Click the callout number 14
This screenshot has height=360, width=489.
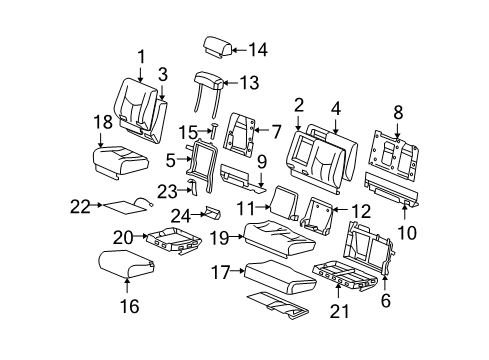(x=259, y=48)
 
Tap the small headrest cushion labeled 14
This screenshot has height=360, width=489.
(x=217, y=45)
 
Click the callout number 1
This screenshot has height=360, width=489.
(x=141, y=56)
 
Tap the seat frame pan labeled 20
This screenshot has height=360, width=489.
(x=174, y=237)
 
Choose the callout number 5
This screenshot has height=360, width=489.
(x=171, y=157)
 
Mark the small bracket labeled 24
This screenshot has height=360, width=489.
(x=212, y=212)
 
